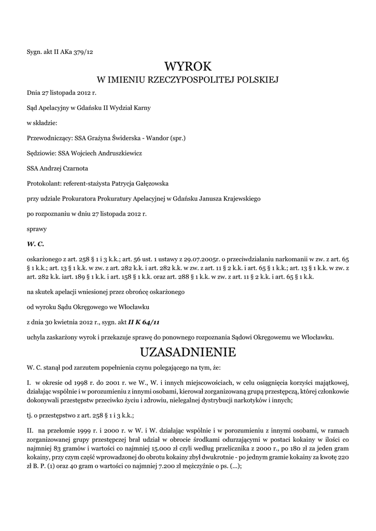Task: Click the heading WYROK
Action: [188, 66]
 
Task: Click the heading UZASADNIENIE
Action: [188, 353]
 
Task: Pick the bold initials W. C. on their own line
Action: [35, 243]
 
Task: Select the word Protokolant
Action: [44, 183]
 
